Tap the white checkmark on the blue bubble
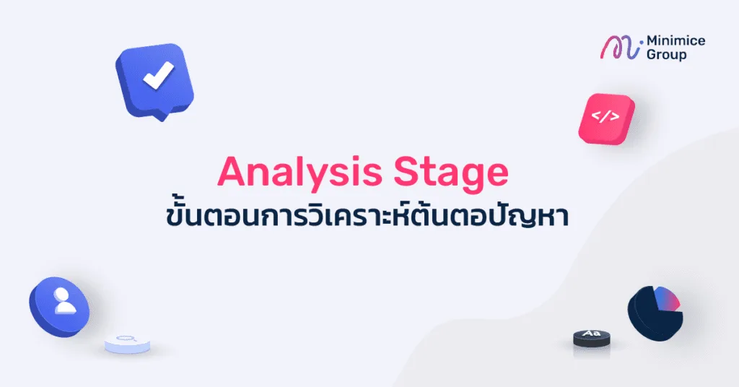[159, 75]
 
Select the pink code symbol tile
[606, 119]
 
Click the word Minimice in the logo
[675, 41]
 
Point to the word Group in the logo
[666, 55]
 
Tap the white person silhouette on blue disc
[64, 302]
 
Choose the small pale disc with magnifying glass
[127, 344]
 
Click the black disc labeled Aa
[592, 338]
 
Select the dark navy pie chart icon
[655, 313]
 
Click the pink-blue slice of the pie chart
[669, 300]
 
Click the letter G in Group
[652, 54]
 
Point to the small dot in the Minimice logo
[642, 42]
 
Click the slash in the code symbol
[605, 116]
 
